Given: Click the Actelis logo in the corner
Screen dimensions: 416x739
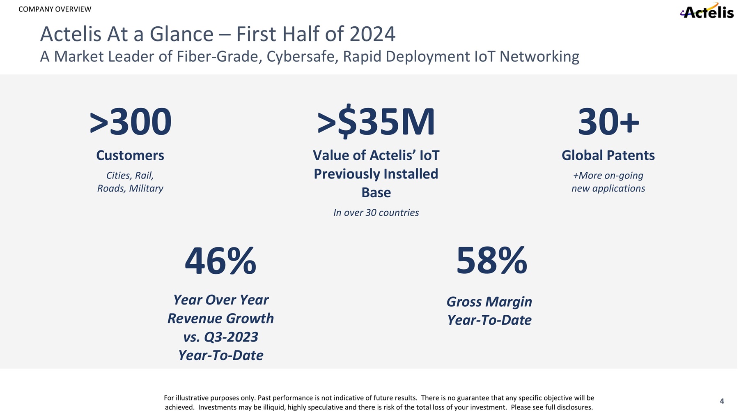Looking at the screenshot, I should point(707,12).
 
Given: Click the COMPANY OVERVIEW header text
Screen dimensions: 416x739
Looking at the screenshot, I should point(55,9).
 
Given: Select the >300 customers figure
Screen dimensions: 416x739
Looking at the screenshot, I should point(131,122).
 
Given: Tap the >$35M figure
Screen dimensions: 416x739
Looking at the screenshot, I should point(376,122).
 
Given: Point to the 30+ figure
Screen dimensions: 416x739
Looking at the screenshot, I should point(608,122).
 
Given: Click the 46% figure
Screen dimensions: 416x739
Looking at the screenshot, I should point(220,261).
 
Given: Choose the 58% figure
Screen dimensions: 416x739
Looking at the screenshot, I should point(491,260).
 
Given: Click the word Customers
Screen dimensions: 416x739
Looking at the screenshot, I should point(130,155).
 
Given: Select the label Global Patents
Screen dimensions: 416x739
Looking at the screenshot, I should point(608,155).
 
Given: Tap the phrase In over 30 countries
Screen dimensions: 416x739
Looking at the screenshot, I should point(376,213).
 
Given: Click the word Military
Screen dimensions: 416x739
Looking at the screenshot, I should point(146,188).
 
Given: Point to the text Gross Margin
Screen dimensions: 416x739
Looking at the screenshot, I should point(489,302).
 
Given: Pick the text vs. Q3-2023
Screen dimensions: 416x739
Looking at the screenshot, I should point(220,337).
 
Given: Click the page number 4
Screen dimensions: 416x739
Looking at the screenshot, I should point(722,401).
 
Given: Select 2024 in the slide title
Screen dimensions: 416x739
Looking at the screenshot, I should point(372,34).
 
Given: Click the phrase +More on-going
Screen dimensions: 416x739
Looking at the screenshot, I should point(608,176).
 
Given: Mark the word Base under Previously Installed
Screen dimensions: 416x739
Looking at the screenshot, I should point(376,192).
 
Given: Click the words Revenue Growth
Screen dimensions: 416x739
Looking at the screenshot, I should point(220,319).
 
